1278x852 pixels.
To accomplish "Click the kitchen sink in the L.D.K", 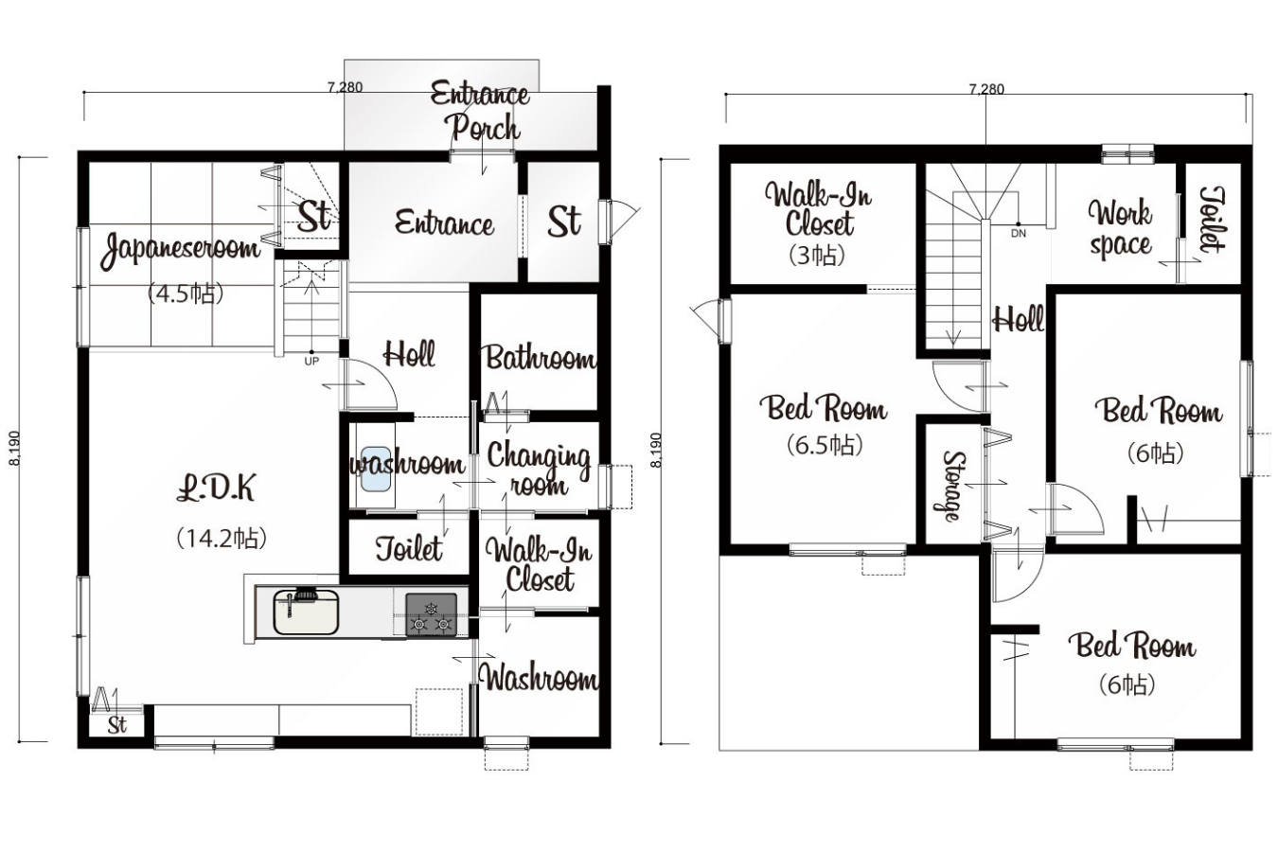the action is pyautogui.click(x=306, y=612).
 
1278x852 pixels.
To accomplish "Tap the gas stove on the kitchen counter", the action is pyautogui.click(x=432, y=614).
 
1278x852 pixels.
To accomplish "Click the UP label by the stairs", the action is pyautogui.click(x=311, y=361).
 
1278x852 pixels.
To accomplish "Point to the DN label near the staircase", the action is pyautogui.click(x=1019, y=234).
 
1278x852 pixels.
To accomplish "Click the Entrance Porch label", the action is pyautogui.click(x=480, y=111).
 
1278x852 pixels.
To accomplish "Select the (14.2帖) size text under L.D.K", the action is pyautogui.click(x=222, y=538).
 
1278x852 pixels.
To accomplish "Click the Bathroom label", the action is pyautogui.click(x=540, y=359).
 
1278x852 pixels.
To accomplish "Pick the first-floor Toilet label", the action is pyautogui.click(x=409, y=549).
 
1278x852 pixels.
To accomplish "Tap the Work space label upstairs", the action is pyautogui.click(x=1121, y=228).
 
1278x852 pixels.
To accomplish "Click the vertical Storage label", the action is pyautogui.click(x=952, y=487).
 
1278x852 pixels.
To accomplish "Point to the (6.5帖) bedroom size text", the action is pyautogui.click(x=825, y=445).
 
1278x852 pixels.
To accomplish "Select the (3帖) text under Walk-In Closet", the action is pyautogui.click(x=816, y=256).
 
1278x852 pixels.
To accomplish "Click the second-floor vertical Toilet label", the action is pyautogui.click(x=1211, y=220).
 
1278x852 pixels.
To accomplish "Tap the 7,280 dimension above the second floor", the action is pyautogui.click(x=987, y=89).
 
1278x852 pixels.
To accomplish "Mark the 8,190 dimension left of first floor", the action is pyautogui.click(x=15, y=448).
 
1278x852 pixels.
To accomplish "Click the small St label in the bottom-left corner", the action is pyautogui.click(x=117, y=725).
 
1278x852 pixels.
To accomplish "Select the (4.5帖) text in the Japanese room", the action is pyautogui.click(x=186, y=293).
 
